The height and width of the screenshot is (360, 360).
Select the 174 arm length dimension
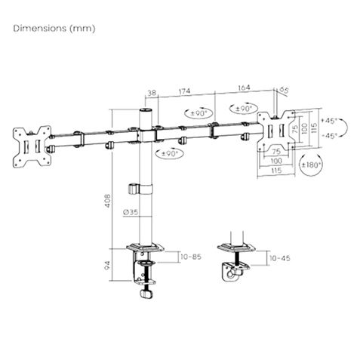[184, 92]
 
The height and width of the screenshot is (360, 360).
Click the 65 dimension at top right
[285, 91]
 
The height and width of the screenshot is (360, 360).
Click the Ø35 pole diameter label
[130, 214]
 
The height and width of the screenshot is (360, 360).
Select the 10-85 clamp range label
[191, 257]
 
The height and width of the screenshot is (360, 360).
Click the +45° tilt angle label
[329, 120]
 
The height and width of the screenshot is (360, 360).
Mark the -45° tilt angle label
[329, 136]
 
